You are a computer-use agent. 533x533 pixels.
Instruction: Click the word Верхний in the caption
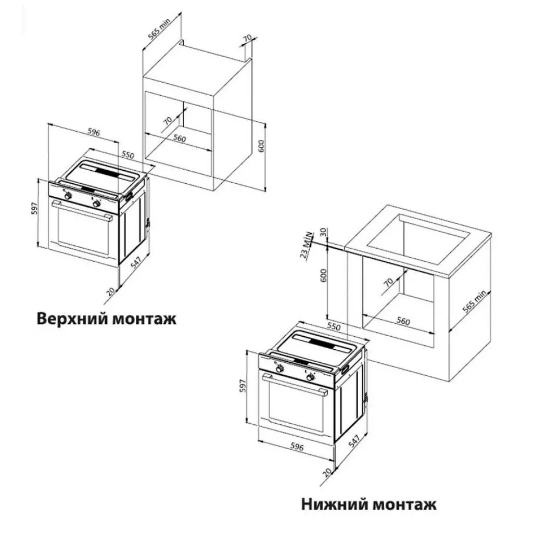click(x=72, y=318)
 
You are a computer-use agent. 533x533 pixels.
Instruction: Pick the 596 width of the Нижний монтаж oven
click(x=296, y=447)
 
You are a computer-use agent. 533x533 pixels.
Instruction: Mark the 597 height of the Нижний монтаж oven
click(x=243, y=385)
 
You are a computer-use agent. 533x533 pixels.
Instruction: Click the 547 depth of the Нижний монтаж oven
click(x=354, y=442)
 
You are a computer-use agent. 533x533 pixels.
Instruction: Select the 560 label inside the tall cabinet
click(x=180, y=139)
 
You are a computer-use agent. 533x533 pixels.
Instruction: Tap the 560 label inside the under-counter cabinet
click(x=403, y=321)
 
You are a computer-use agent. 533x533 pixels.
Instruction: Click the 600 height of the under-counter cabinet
click(x=324, y=276)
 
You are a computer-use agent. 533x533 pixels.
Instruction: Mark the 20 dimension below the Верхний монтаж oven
click(x=110, y=290)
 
